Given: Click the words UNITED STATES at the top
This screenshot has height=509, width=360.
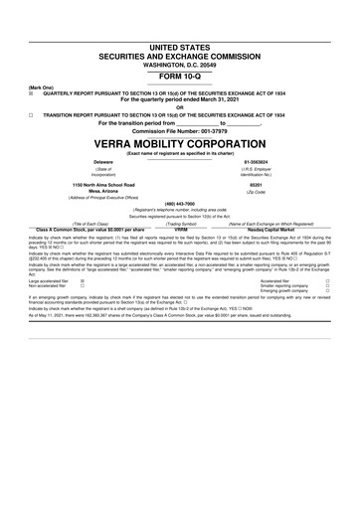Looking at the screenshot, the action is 180,48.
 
